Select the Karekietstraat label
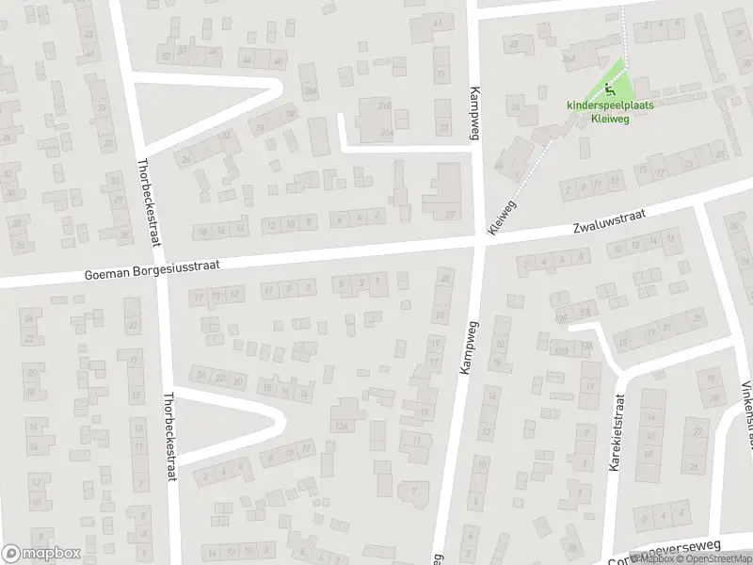618,432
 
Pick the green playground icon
610,91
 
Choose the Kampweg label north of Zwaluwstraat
474,113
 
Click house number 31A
385,133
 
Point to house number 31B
384,105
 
